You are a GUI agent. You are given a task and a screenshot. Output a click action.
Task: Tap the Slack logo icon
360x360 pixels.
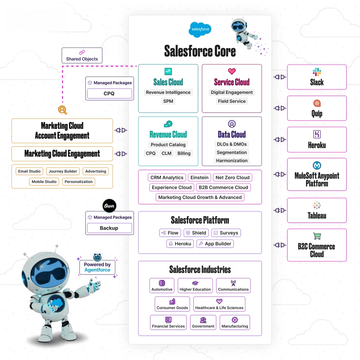(x=317, y=72)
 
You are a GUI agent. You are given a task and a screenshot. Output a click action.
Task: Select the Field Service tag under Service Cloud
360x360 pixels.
(x=232, y=101)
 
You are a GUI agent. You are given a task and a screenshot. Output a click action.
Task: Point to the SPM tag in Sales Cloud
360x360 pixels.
(x=168, y=101)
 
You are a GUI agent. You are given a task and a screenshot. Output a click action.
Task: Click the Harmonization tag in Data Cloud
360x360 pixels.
(x=232, y=161)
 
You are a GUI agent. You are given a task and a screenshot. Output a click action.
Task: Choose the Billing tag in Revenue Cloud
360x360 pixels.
(x=184, y=153)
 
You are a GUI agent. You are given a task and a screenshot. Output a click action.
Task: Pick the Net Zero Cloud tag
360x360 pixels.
(x=232, y=178)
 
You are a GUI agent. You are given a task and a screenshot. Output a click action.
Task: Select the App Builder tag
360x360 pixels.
(x=215, y=244)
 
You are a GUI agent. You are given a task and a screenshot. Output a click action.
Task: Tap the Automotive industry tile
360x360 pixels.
(x=162, y=285)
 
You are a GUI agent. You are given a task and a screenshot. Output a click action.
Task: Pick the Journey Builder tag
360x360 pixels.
(x=63, y=171)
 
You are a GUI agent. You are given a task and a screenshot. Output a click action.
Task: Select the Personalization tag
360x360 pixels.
(x=79, y=182)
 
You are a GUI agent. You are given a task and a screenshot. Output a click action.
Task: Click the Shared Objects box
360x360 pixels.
(x=82, y=56)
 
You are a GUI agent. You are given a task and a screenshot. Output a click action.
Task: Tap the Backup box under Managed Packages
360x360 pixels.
(x=109, y=228)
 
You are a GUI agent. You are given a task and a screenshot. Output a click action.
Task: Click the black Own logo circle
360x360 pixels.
(x=109, y=206)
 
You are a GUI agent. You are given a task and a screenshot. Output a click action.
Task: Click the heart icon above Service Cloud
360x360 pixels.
(x=232, y=71)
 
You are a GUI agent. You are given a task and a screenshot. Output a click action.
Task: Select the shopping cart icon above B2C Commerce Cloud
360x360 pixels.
(x=317, y=236)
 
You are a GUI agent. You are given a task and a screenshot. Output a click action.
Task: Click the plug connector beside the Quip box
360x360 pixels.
(x=280, y=108)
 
